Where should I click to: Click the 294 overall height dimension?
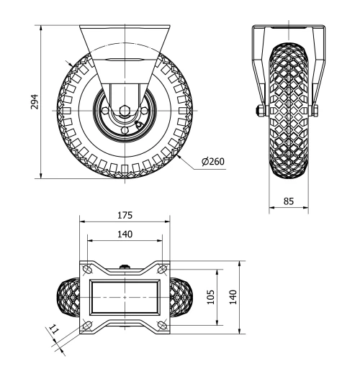pos(34,103)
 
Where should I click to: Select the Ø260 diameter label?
pos(214,161)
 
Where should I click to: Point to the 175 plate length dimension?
pos(126,215)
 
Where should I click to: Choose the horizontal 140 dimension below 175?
pos(125,233)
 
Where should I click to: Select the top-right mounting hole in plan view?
pos(164,270)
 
